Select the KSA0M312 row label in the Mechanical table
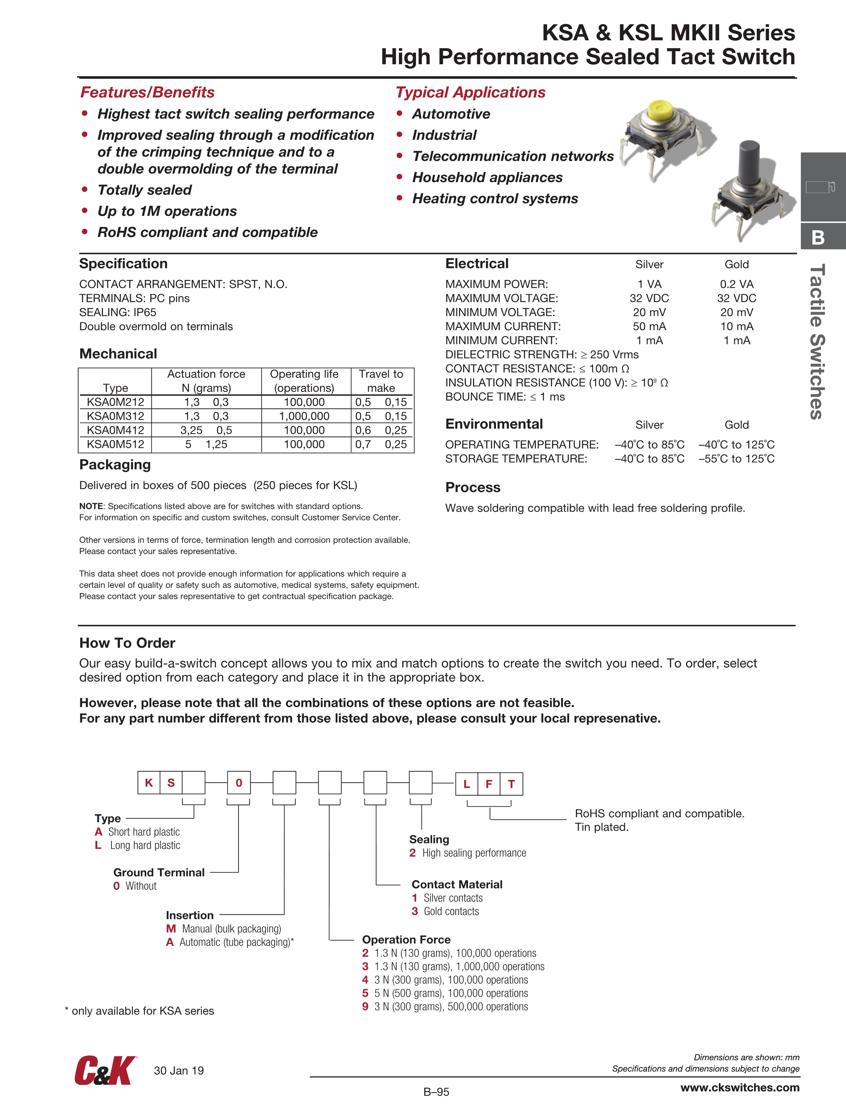[x=116, y=416]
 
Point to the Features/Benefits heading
[x=147, y=92]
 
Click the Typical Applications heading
[x=470, y=92]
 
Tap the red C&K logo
[x=105, y=1071]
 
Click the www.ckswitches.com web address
[x=740, y=1087]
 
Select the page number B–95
[x=436, y=1092]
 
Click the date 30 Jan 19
[x=178, y=1071]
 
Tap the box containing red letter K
[x=149, y=783]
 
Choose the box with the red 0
[x=239, y=783]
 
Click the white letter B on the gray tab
[x=818, y=238]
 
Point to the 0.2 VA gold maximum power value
[x=737, y=284]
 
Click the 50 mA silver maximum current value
[x=649, y=327]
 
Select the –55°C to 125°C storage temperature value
[x=737, y=459]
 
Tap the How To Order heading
[x=127, y=643]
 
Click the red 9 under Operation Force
[x=365, y=1007]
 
